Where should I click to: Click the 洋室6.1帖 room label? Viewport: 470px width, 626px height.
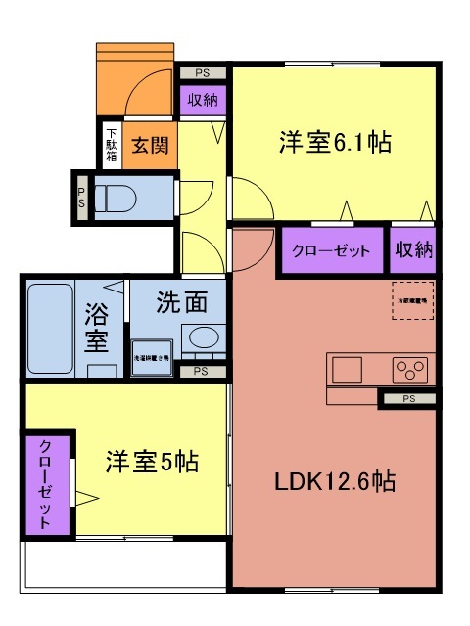pos(337,142)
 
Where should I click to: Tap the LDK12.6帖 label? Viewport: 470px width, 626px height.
pos(335,481)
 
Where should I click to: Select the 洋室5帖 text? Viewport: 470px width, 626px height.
pos(152,460)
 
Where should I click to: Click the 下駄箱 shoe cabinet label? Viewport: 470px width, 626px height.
pos(111,145)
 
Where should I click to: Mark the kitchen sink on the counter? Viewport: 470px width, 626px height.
pos(347,370)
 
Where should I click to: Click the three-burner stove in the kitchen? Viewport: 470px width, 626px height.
pos(410,370)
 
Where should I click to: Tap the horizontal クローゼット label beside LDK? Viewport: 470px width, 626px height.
pos(331,251)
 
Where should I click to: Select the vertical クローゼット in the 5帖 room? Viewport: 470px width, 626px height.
pos(46,484)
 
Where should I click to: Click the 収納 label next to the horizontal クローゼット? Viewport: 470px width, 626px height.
pos(412,251)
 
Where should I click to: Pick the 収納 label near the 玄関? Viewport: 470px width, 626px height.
pos(203,99)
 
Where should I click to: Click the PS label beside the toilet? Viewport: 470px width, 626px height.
pos(81,196)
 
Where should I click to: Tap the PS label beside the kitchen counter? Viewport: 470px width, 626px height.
pos(407,398)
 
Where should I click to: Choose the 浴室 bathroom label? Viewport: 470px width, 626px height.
pos(96,328)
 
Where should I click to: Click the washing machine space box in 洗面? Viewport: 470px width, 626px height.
pos(152,359)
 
